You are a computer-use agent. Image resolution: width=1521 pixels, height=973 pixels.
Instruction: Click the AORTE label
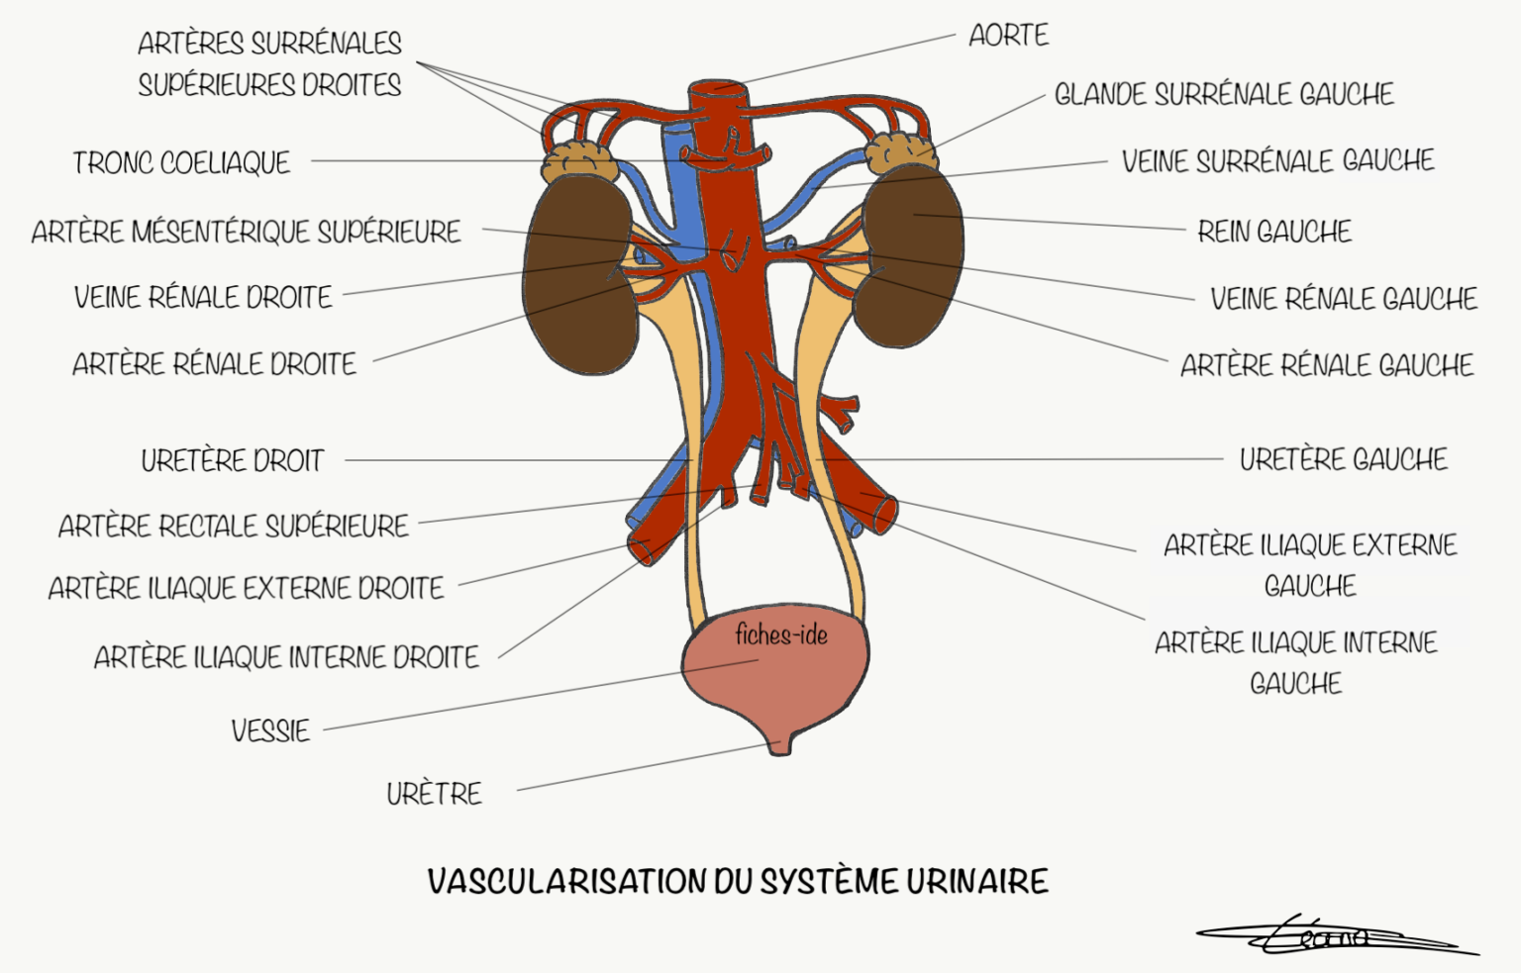point(1008,36)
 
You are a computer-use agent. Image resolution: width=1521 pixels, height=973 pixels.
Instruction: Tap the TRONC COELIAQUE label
point(181,162)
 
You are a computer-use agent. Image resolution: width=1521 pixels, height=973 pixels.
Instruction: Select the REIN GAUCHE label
point(1273,232)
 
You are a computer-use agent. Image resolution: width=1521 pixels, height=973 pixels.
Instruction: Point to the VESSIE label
point(270,730)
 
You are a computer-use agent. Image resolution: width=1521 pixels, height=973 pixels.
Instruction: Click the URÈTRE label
point(434,793)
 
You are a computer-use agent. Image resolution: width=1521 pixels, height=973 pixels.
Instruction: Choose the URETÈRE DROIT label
point(233,460)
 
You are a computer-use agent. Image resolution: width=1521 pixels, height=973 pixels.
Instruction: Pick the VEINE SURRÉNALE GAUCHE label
point(1277,160)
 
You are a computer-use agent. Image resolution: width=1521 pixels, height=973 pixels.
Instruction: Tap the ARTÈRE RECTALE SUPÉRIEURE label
point(234,525)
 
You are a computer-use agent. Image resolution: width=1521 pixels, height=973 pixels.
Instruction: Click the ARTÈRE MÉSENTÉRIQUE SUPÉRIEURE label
point(246,232)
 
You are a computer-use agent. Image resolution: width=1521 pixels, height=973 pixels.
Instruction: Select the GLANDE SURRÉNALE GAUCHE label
point(1223,94)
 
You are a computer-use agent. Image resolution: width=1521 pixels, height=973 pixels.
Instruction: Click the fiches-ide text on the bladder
point(781,634)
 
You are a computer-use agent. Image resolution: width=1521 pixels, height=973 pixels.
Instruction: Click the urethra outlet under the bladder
point(781,744)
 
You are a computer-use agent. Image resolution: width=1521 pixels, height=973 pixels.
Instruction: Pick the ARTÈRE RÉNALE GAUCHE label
point(1326,365)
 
